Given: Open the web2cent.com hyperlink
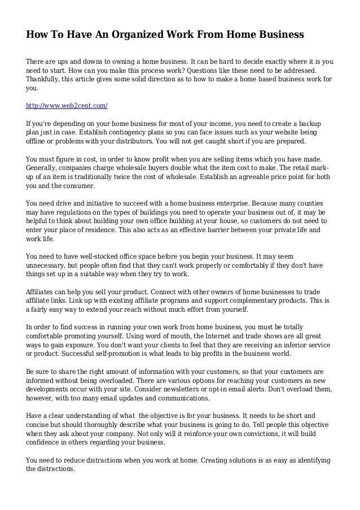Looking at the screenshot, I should [x=67, y=106].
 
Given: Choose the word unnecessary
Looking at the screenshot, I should [x=49, y=265].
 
